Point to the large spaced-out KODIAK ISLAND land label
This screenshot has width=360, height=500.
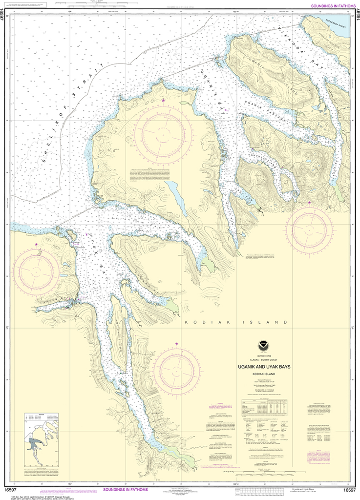pos(235,323)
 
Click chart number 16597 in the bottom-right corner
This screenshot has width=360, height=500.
pos(349,490)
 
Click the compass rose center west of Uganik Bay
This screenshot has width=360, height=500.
pos(163,132)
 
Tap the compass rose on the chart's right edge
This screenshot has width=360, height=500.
pos(310,227)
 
